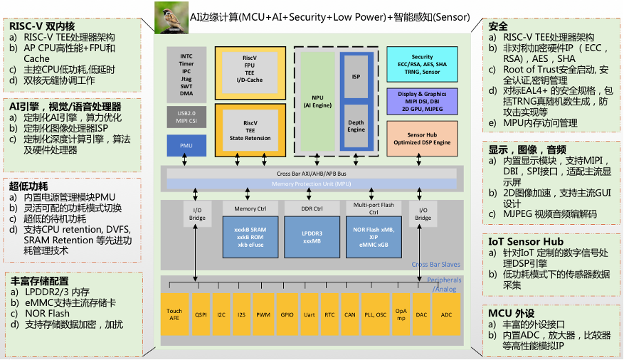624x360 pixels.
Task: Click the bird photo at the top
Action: coord(171,17)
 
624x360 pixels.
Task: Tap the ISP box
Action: coord(356,77)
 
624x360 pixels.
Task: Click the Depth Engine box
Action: coord(356,125)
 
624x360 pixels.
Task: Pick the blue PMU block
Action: coord(186,145)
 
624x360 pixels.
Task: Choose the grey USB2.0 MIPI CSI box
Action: coord(186,117)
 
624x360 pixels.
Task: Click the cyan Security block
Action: coord(422,65)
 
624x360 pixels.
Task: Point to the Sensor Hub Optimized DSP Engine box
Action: coord(422,138)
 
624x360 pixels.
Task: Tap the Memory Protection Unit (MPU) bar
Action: coord(312,184)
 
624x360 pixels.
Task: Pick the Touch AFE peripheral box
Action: coord(174,314)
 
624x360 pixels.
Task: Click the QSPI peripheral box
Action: coord(201,314)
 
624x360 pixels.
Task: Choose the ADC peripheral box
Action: coord(446,314)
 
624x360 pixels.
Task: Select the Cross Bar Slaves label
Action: coord(436,265)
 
